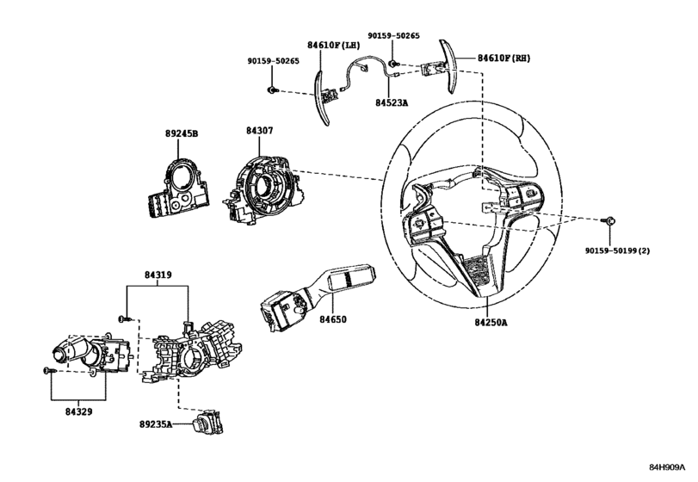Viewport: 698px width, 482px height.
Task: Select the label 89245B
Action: (181, 134)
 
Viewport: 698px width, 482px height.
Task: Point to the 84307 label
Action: (259, 131)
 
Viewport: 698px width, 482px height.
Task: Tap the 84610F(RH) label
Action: (506, 59)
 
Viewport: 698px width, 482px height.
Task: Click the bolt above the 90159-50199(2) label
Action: (609, 221)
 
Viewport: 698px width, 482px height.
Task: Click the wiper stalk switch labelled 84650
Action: (315, 289)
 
